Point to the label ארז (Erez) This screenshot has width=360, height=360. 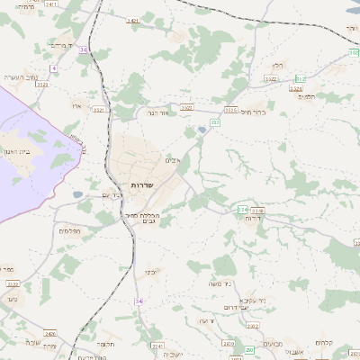pyautogui.click(x=74, y=105)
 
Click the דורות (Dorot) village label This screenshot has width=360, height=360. pyautogui.click(x=255, y=218)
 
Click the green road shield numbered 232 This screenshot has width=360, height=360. pyautogui.click(x=215, y=121)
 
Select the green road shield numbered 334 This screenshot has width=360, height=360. pyautogui.click(x=243, y=210)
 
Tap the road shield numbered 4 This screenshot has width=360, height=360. pyautogui.click(x=54, y=68)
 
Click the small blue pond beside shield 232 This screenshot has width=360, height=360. pyautogui.click(x=201, y=130)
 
